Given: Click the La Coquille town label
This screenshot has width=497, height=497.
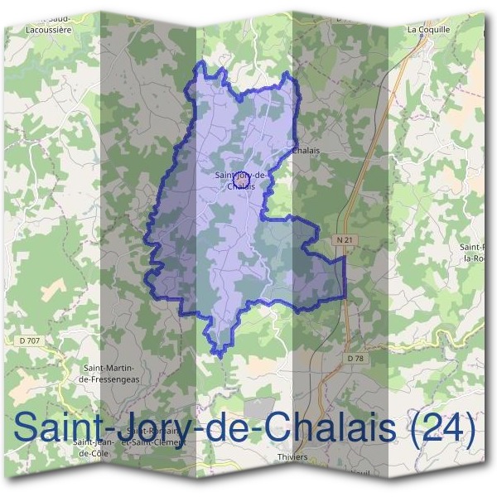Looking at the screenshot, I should pyautogui.click(x=428, y=28).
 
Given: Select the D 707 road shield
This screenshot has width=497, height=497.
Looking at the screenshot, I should pyautogui.click(x=28, y=339).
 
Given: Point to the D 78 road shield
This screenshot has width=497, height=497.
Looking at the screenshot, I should pyautogui.click(x=355, y=358).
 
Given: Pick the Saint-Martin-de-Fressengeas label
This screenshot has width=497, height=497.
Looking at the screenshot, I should pyautogui.click(x=109, y=373).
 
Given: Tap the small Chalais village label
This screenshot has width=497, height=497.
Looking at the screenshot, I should pyautogui.click(x=306, y=151).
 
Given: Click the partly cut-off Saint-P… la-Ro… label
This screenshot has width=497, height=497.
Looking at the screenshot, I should pyautogui.click(x=477, y=252).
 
